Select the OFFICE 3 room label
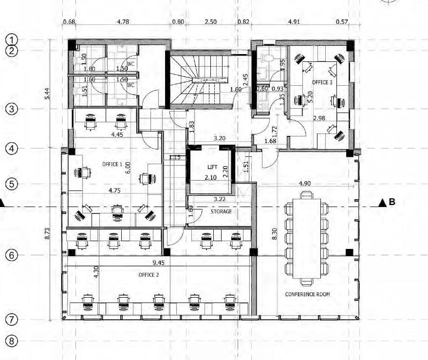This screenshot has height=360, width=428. (322, 82)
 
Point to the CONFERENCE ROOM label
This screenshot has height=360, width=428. (307, 294)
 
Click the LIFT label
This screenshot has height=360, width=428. (212, 167)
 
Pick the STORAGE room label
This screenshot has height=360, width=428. (221, 211)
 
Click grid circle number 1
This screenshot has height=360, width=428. (12, 39)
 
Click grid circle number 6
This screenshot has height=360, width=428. (12, 255)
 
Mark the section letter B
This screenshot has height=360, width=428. (391, 202)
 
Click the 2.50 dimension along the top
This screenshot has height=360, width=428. (210, 22)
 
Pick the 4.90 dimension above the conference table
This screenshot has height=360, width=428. (304, 184)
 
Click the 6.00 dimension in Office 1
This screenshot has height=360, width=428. (128, 168)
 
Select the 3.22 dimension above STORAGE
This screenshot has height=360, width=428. (220, 199)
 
